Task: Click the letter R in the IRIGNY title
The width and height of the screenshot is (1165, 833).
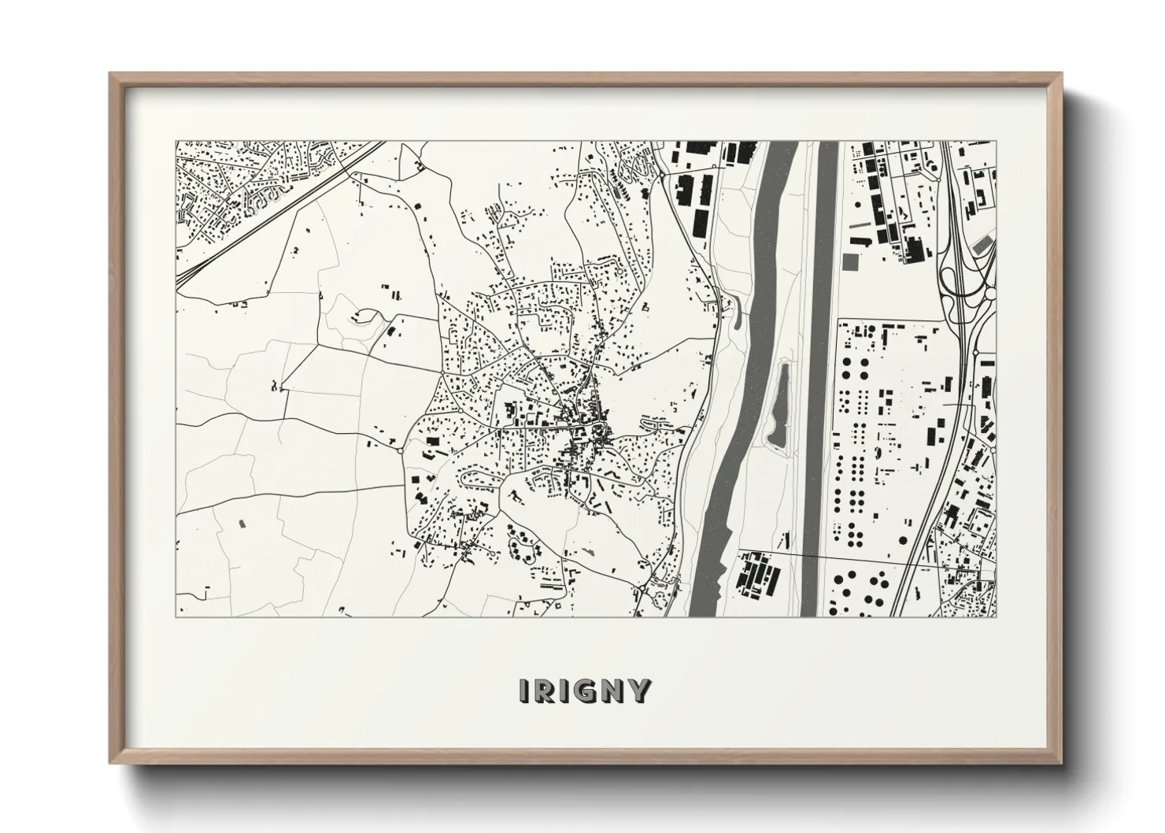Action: tap(546, 690)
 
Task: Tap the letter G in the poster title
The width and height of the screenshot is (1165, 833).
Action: tap(588, 690)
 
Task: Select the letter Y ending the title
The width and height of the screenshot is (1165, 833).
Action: tap(639, 690)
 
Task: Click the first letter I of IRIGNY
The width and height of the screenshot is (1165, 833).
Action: tap(524, 690)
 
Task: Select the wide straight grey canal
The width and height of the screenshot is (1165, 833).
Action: tap(823, 378)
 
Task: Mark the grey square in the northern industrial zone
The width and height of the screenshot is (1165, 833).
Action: tap(850, 261)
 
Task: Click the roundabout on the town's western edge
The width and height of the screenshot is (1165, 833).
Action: tap(402, 451)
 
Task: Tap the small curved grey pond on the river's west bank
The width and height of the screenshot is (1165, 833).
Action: tap(736, 315)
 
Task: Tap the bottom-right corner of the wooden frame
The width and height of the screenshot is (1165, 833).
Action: tap(1061, 761)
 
